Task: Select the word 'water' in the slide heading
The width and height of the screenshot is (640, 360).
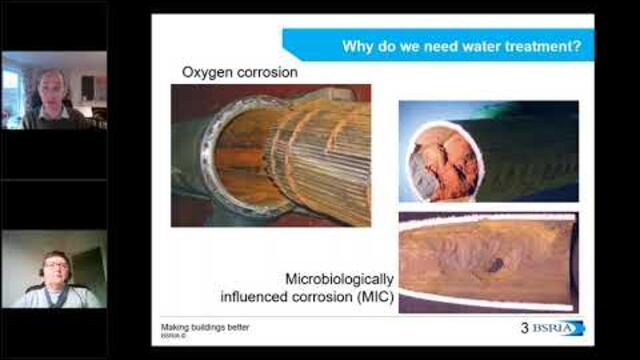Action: coord(471,45)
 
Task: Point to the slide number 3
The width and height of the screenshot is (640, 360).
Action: coord(524,328)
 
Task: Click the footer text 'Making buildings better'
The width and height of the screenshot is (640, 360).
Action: coord(206,327)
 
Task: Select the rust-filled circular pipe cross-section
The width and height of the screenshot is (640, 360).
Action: coord(445,160)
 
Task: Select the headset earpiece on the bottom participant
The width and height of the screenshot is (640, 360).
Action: coord(42,272)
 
